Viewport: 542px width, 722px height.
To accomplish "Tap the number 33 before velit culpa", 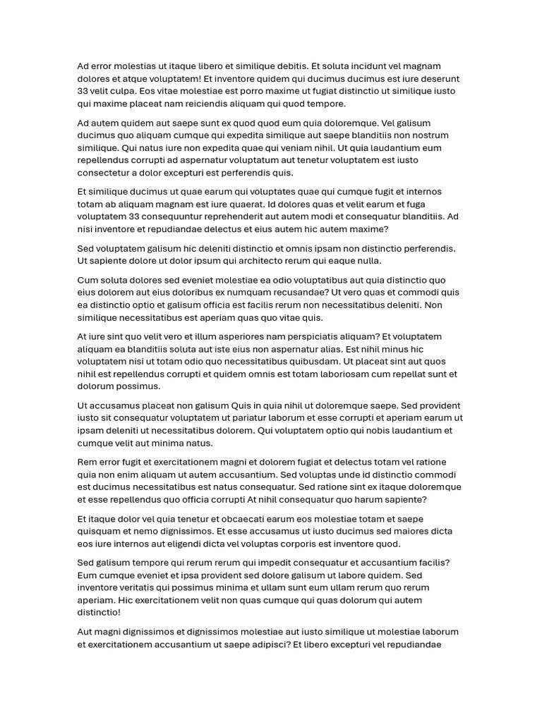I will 83,91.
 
